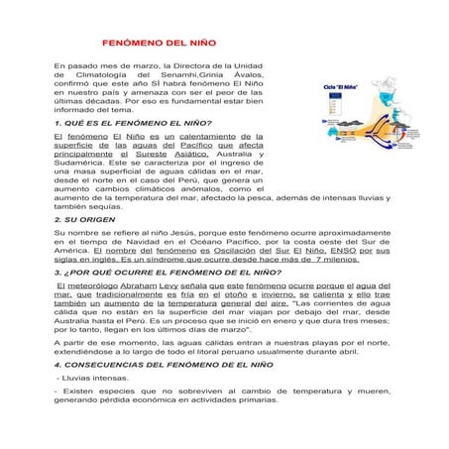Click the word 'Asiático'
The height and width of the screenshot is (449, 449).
pos(187,154)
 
